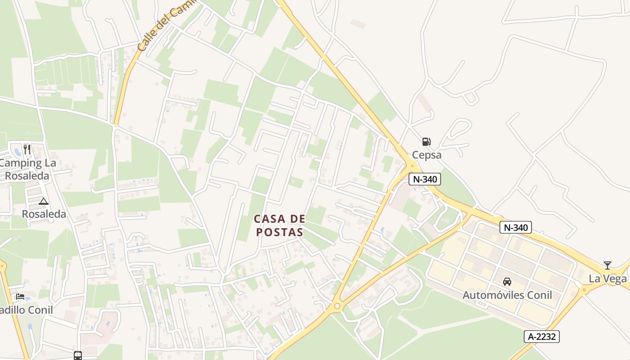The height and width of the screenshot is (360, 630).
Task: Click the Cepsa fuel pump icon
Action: point(426,142)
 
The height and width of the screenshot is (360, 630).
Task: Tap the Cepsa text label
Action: point(427,155)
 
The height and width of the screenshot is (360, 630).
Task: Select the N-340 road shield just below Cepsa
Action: point(425,179)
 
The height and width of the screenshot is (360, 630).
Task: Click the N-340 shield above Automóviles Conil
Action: point(515,227)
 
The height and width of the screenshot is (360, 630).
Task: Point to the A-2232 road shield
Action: point(541,336)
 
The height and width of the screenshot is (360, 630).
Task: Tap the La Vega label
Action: point(607,279)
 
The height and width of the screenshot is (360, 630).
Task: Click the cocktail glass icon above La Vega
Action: point(607,265)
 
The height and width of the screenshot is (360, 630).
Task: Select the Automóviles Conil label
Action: point(507,295)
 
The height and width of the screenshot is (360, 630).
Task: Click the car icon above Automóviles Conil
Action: point(507,282)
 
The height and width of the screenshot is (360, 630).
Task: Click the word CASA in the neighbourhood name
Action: point(270,219)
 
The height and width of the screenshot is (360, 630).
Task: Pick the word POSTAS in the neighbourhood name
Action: point(279,232)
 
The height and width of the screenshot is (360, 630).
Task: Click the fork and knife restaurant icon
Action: point(27,149)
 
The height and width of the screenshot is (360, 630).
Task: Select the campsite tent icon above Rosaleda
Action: point(43,201)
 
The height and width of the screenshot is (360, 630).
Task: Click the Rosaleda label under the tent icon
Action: point(44,214)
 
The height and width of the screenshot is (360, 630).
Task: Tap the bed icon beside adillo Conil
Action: point(20,296)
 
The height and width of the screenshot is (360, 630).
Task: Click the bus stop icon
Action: point(78,355)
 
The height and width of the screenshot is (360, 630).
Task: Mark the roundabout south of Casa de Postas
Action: point(337,307)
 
